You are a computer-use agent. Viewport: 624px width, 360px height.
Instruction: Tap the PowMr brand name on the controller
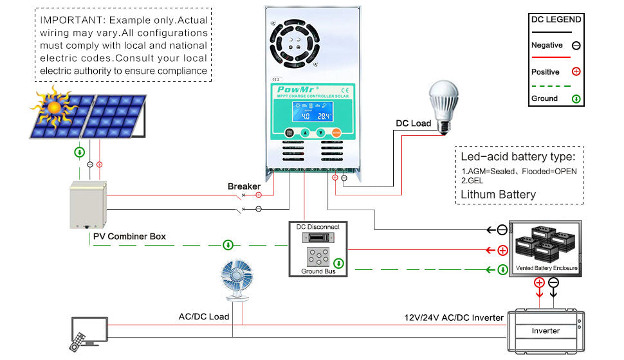pyautogui.click(x=294, y=89)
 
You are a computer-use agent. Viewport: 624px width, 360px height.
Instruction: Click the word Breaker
pyautogui.click(x=244, y=186)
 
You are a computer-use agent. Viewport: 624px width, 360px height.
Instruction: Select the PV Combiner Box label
pyautogui.click(x=129, y=237)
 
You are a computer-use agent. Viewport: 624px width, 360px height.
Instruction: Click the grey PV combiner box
pyautogui.click(x=88, y=205)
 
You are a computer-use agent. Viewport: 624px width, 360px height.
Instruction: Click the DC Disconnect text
pyautogui.click(x=317, y=227)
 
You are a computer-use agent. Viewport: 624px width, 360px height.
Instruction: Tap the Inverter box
pyautogui.click(x=545, y=330)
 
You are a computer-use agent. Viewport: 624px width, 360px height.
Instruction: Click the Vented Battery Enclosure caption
pyautogui.click(x=546, y=267)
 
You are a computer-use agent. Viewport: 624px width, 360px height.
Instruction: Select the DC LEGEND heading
pyautogui.click(x=556, y=19)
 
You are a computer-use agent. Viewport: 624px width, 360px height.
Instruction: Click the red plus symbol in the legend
pyautogui.click(x=576, y=72)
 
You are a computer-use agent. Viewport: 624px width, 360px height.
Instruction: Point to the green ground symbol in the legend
pyautogui.click(x=576, y=99)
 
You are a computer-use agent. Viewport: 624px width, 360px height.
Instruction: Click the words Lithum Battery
pyautogui.click(x=498, y=194)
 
